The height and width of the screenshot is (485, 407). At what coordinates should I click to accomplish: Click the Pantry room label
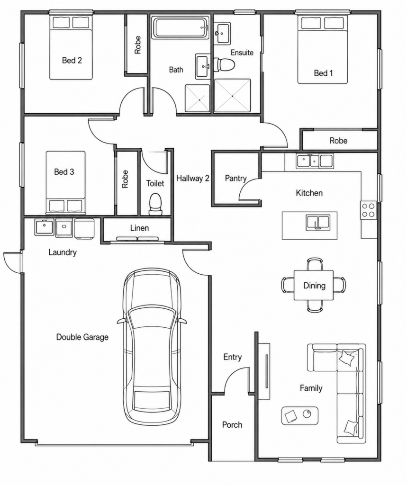[235, 178]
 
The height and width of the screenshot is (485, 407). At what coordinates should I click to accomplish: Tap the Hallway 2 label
[192, 178]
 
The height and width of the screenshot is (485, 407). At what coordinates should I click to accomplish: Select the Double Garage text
[82, 337]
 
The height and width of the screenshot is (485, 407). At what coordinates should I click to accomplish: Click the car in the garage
[152, 348]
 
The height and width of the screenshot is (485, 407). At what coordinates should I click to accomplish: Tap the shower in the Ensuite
[232, 95]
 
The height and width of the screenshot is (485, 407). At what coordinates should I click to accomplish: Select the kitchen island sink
[317, 223]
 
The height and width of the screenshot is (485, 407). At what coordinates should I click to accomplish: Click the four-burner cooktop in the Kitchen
[369, 210]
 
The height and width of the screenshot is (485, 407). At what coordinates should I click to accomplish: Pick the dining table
[314, 285]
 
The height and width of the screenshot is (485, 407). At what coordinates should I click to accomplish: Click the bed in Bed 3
[65, 182]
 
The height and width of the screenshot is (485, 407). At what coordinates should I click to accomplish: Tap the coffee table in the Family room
[299, 415]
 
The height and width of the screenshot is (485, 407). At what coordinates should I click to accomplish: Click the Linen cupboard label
[139, 228]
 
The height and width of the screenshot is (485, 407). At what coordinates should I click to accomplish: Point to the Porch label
[232, 425]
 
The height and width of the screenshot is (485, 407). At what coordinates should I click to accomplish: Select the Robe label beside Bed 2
[137, 45]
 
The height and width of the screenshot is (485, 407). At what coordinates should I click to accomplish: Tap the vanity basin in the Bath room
[203, 66]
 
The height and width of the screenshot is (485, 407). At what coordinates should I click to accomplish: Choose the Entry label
[233, 357]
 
